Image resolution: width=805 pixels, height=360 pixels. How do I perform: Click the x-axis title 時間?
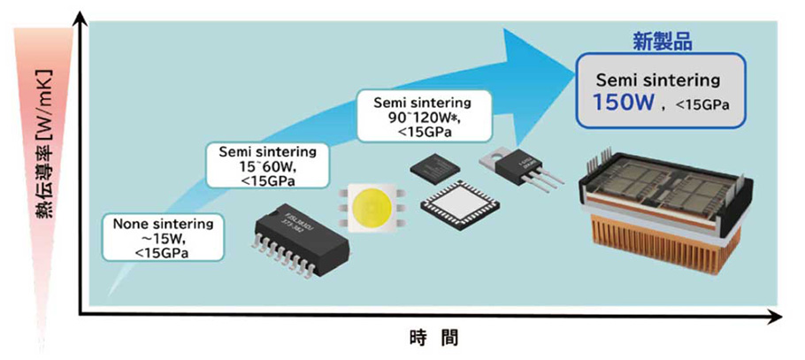tap(433, 338)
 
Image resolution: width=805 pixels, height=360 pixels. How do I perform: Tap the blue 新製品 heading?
tap(662, 40)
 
